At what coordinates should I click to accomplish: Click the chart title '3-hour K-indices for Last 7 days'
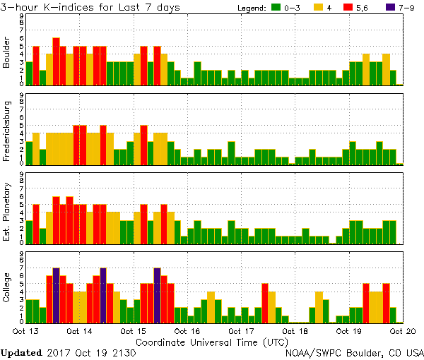[x=90, y=7]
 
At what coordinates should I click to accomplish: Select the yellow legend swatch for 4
[x=318, y=7]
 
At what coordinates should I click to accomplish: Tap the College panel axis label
[x=7, y=287]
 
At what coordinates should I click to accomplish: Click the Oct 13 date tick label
[x=25, y=330]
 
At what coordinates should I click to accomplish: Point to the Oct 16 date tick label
[x=187, y=330]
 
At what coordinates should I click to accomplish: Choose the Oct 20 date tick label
[x=401, y=330]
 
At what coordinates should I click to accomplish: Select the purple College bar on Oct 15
[x=157, y=295]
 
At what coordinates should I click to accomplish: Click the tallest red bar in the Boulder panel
[x=56, y=61]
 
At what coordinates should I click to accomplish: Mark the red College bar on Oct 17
[x=264, y=303]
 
